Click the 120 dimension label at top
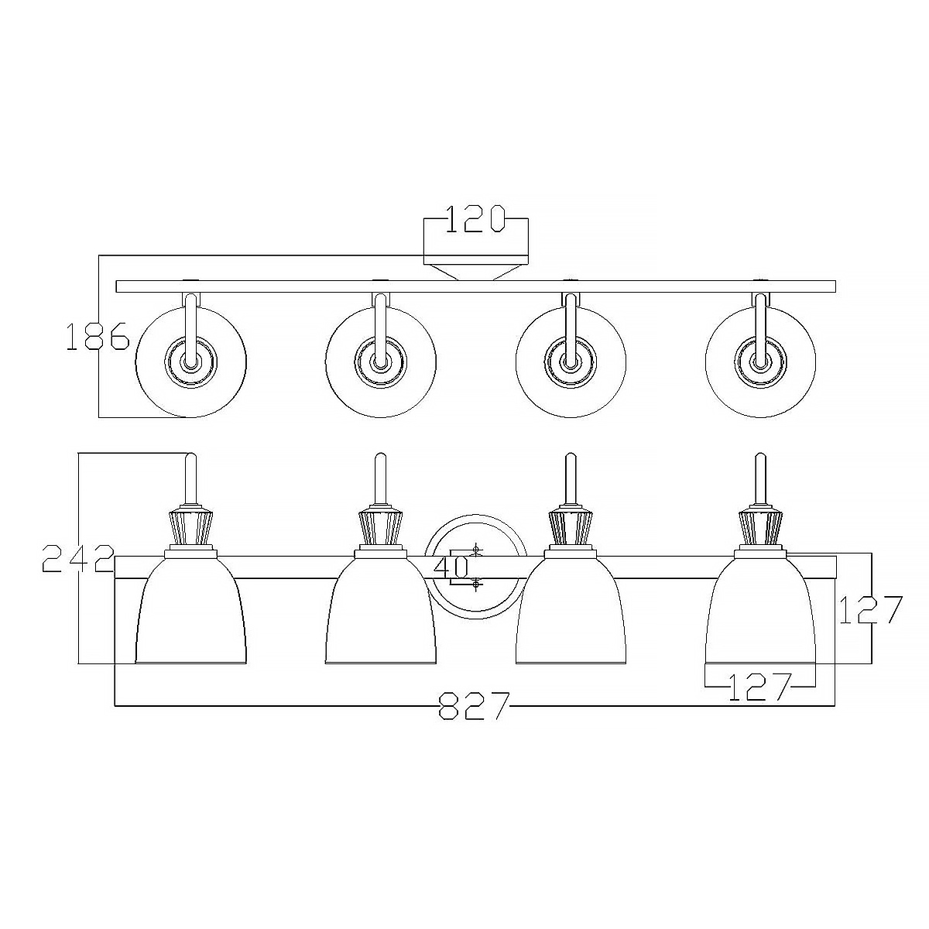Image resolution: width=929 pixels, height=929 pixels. click(x=475, y=219)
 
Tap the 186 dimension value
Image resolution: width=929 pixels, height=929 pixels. click(x=98, y=336)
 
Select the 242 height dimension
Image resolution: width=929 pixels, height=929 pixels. click(x=79, y=558)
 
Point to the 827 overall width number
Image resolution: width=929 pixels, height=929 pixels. click(x=474, y=706)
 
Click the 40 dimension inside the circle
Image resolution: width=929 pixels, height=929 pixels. click(x=451, y=567)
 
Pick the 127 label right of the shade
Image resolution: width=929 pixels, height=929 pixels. click(x=871, y=609)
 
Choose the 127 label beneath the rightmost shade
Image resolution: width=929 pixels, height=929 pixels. click(x=760, y=687)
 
